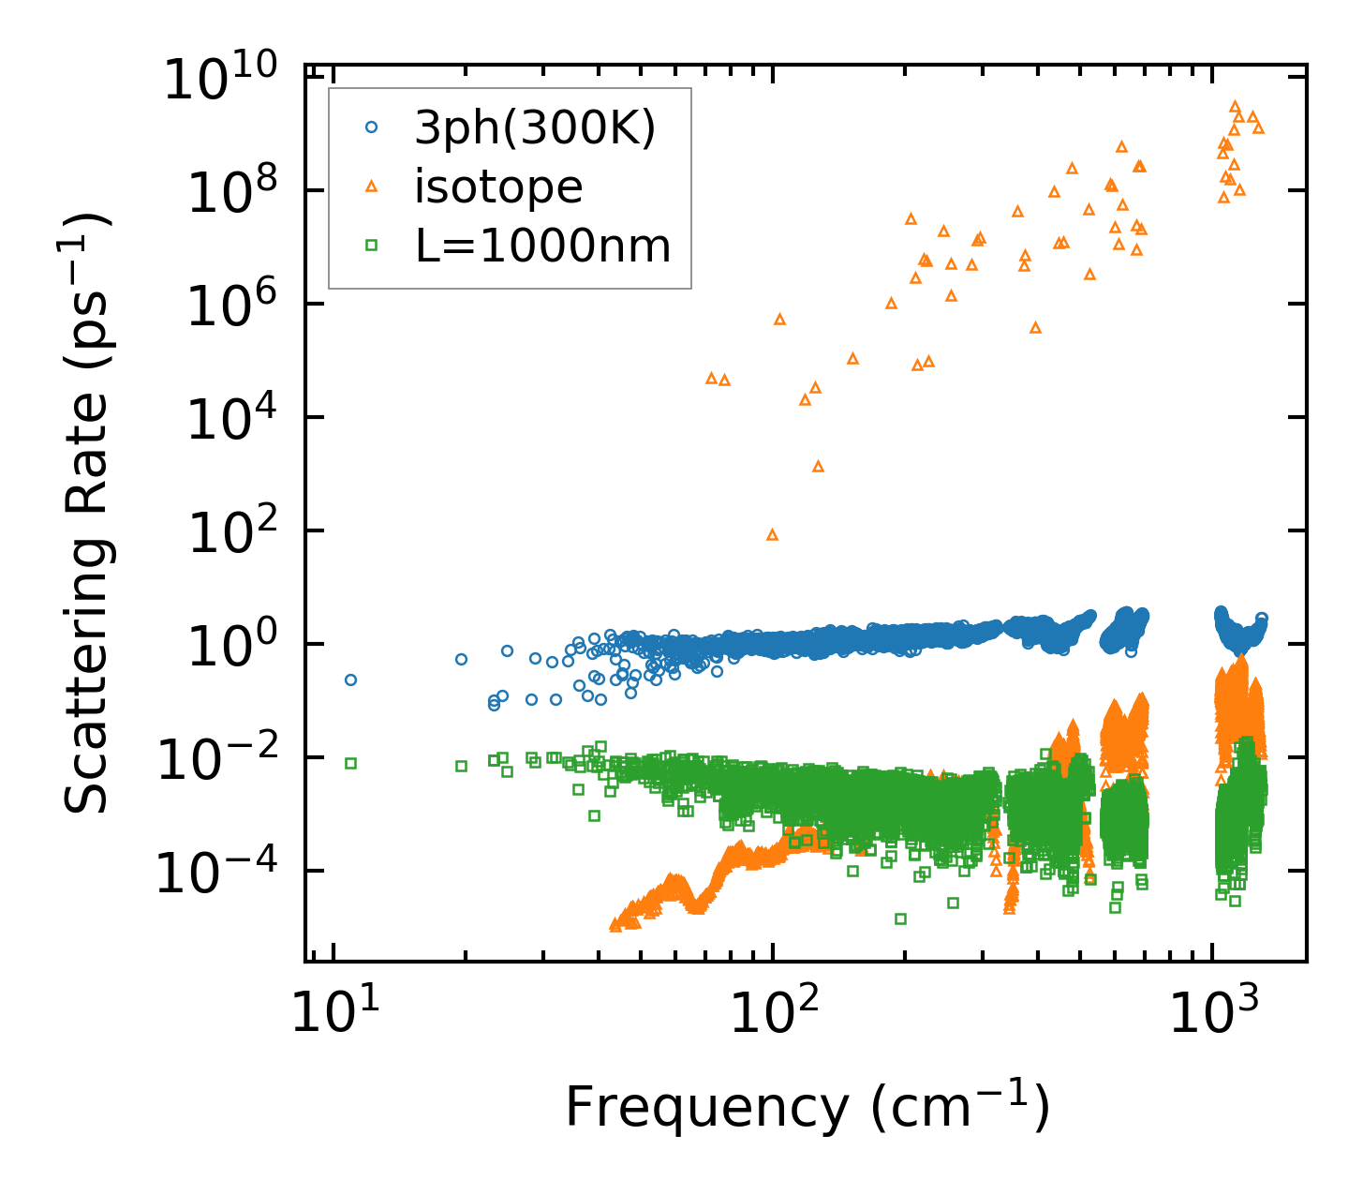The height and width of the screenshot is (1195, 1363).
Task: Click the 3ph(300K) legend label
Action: (x=535, y=128)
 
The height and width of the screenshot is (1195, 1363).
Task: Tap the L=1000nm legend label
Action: (x=542, y=246)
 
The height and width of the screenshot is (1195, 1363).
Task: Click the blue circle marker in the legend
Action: (x=371, y=128)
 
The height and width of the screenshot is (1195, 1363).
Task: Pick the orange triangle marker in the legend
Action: (x=371, y=187)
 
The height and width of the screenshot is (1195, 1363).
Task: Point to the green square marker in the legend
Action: (x=371, y=246)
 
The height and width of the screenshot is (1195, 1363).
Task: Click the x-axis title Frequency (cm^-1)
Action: (x=807, y=1108)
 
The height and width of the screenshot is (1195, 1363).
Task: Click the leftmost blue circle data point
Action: (x=350, y=680)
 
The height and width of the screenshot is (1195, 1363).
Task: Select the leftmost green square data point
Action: (x=350, y=763)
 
